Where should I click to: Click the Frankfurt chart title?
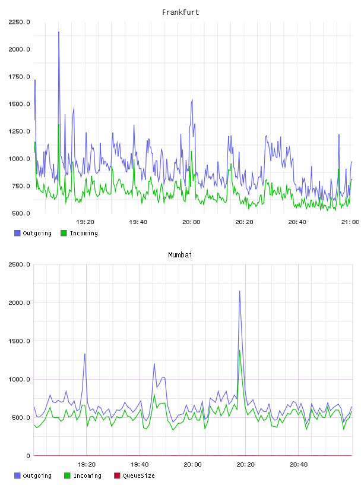(180, 12)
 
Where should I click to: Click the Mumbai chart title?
(180, 255)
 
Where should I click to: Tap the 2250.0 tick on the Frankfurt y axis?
(19, 22)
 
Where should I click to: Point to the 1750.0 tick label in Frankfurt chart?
(19, 77)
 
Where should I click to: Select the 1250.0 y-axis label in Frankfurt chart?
(19, 131)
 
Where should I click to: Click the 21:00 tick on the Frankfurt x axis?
(350, 222)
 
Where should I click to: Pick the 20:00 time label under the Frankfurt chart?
(191, 222)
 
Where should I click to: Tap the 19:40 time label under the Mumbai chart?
(140, 465)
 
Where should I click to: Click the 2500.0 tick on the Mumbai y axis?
(19, 264)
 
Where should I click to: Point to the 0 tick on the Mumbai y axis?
(28, 456)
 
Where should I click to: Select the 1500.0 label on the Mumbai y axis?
(19, 341)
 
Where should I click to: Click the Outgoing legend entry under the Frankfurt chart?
(33, 233)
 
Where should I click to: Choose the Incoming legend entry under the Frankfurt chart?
(79, 233)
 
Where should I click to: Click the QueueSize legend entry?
(134, 475)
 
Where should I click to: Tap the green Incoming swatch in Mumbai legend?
(67, 475)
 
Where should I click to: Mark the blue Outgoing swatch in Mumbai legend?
(17, 475)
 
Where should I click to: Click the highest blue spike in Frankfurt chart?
(59, 32)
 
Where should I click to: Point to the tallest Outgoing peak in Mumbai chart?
(239, 291)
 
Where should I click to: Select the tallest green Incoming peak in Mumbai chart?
(239, 351)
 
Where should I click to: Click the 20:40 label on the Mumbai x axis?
(299, 465)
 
